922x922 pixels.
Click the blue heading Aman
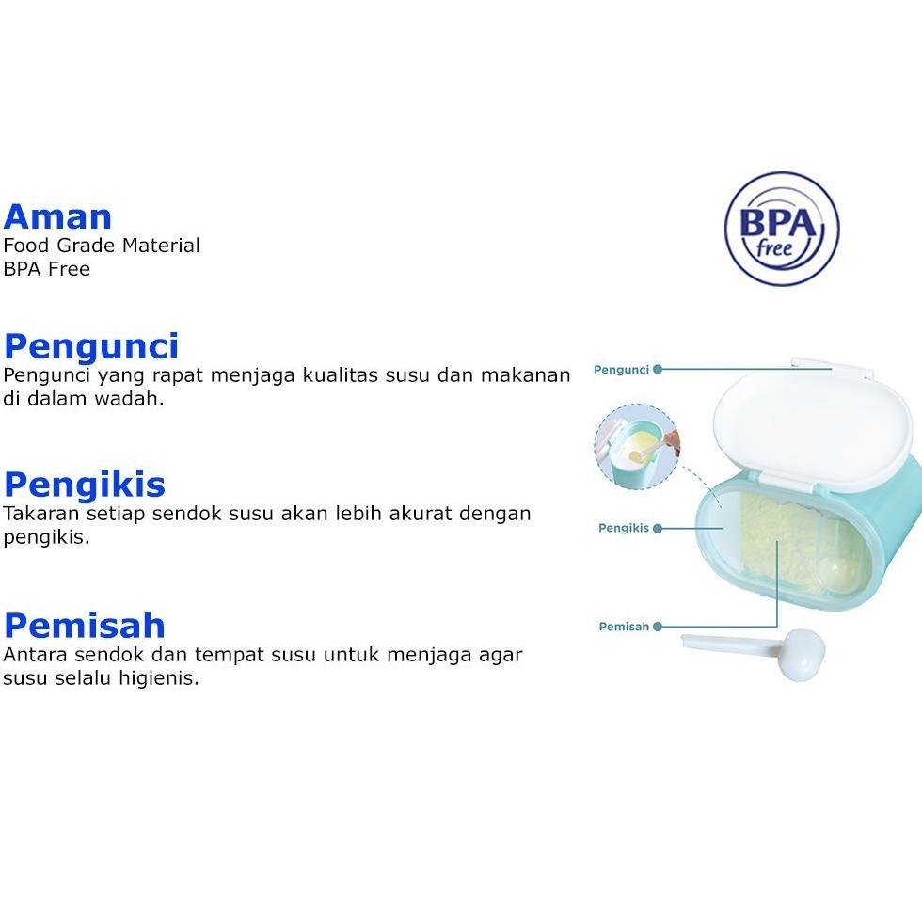57,216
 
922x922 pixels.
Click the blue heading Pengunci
91,346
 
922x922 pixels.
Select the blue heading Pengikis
85,485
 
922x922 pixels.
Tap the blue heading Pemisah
85,625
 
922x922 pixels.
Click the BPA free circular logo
781,229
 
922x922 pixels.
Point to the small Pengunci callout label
621,370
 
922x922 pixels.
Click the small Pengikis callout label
624,529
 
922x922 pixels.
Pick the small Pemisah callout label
624,627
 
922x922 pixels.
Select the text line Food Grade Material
102,246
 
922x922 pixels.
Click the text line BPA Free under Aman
47,269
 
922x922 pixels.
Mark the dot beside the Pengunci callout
658,370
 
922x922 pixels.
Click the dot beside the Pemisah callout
658,627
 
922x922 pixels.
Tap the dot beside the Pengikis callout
658,529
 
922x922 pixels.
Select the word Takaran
40,514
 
